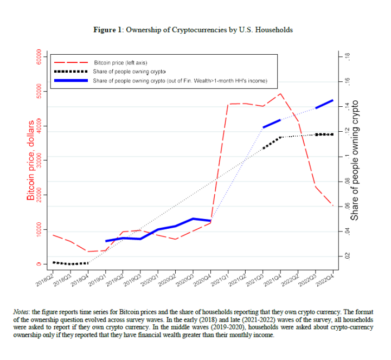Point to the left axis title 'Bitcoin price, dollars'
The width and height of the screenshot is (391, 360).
click(x=31, y=160)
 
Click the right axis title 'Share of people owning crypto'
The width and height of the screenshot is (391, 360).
click(x=356, y=160)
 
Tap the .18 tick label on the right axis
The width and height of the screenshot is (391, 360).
click(x=348, y=56)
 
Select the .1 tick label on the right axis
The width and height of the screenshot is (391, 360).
click(x=348, y=156)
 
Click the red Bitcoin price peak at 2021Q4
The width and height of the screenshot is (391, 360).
click(x=280, y=94)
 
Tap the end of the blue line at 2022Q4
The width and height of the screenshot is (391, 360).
click(x=332, y=100)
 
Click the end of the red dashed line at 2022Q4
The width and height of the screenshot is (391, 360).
click(x=332, y=205)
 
